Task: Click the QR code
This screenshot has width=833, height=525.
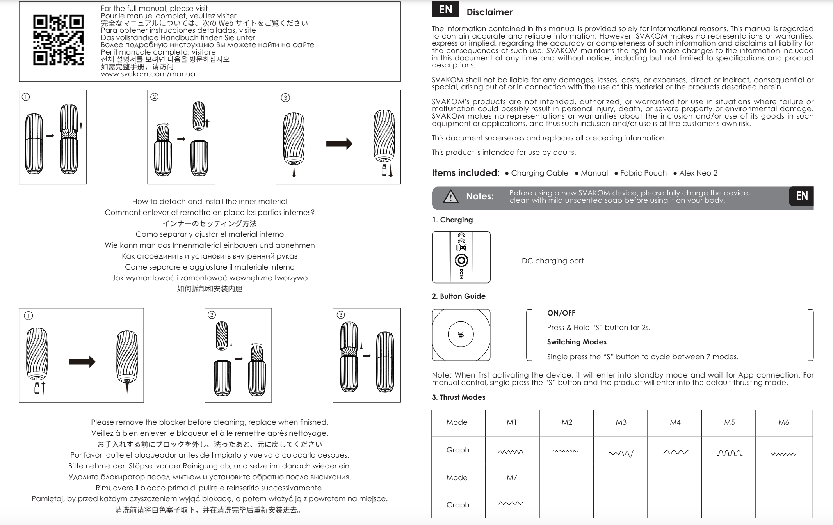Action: [58, 40]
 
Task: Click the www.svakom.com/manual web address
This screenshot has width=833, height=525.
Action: [149, 74]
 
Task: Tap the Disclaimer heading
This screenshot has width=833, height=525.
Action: [489, 12]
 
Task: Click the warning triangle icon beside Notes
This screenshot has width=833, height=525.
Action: [450, 196]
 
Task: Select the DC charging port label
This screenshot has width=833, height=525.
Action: [552, 261]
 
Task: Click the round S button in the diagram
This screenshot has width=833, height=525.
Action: [461, 334]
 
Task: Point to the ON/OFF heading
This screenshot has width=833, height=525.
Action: [561, 313]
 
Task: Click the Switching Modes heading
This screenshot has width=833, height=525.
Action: [577, 342]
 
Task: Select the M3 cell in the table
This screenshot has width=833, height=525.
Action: [621, 422]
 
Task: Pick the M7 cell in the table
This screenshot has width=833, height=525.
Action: [511, 477]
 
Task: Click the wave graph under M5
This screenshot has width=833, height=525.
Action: [730, 452]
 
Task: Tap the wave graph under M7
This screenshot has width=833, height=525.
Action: [511, 504]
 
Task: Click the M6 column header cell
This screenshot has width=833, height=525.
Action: [783, 422]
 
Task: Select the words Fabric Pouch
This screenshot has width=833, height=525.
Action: [643, 173]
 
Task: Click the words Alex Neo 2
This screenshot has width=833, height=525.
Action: [698, 173]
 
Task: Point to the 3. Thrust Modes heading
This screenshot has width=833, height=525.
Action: [458, 397]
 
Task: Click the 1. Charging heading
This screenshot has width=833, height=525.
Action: [452, 220]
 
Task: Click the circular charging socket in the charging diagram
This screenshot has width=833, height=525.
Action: [461, 260]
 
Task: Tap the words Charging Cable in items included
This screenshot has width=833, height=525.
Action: [539, 173]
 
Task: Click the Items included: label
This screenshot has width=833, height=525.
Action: [465, 173]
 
